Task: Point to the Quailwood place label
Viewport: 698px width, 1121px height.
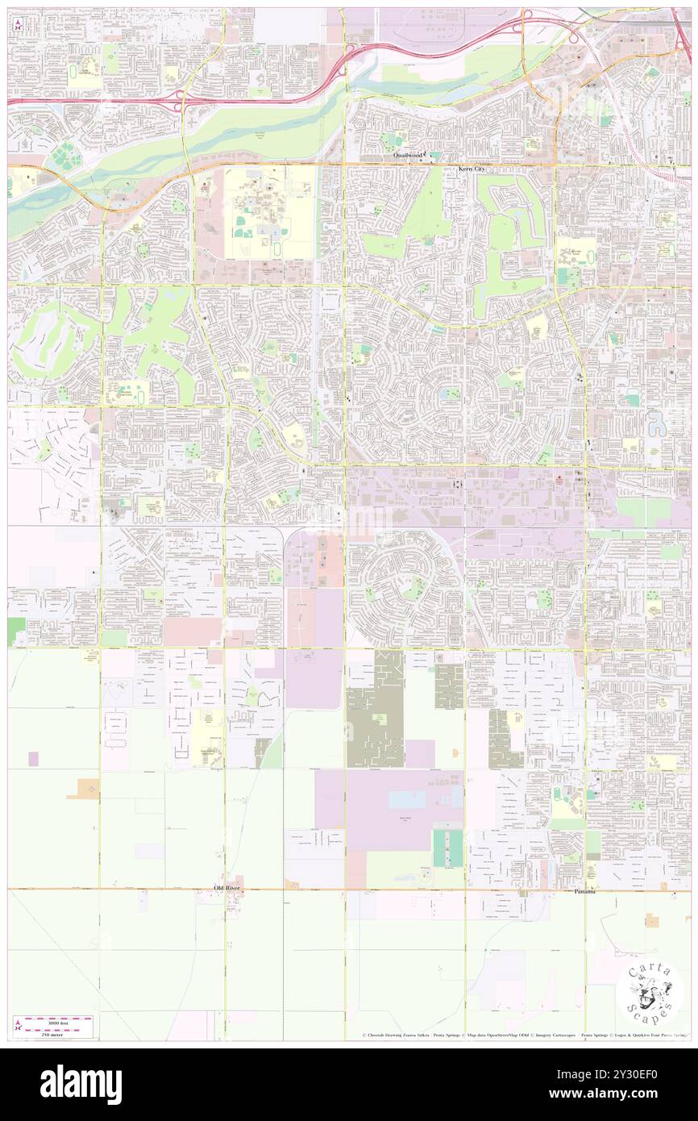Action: point(408,155)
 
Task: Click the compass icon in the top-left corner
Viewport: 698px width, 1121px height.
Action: point(18,23)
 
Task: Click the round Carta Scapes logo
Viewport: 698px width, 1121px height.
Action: point(649,992)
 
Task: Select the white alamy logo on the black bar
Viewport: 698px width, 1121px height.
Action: point(81,1084)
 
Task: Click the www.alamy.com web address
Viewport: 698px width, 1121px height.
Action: point(636,1094)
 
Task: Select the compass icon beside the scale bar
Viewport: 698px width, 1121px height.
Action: point(19,1027)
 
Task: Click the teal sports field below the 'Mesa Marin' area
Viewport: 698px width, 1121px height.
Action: point(448,848)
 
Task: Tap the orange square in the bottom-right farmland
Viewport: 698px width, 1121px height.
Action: point(651,919)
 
